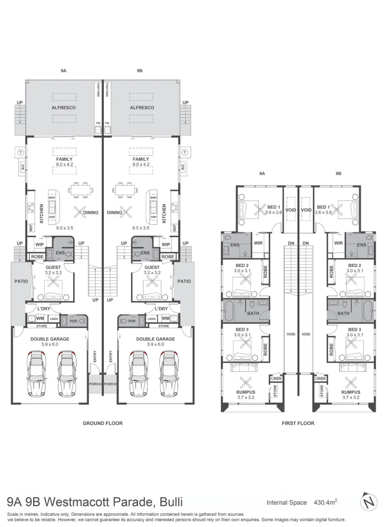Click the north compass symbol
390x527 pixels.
coord(369,502)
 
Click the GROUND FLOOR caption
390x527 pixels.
coord(102,423)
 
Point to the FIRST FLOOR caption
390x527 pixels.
coord(298,423)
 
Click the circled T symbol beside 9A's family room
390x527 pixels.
coord(20,153)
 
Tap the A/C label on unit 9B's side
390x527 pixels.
coord(183,167)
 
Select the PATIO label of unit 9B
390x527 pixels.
coord(184,281)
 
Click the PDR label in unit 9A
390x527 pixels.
coord(73,321)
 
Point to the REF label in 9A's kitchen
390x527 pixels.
coord(31,227)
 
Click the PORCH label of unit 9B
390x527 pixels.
coord(110,384)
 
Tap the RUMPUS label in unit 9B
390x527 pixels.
coord(351,392)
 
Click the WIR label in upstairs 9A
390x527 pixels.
coord(258,243)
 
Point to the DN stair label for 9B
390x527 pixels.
coord(306,243)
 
